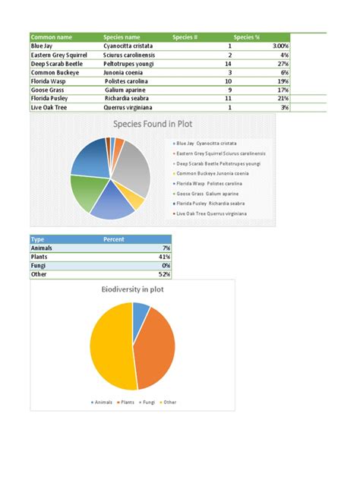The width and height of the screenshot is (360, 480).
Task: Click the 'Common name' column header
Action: [x=52, y=36]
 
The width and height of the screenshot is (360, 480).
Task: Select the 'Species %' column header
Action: [x=247, y=36]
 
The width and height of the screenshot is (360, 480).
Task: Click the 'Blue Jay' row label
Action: [x=42, y=46]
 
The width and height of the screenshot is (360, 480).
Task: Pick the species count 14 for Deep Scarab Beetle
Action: [x=229, y=64]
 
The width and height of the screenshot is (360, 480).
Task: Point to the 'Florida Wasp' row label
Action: [x=47, y=81]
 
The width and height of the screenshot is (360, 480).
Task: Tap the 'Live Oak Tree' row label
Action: [x=49, y=108]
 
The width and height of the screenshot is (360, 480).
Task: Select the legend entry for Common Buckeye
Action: [x=217, y=173]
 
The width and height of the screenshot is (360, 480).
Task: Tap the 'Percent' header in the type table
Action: [x=113, y=239]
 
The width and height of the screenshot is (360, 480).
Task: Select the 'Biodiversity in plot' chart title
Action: [x=133, y=289]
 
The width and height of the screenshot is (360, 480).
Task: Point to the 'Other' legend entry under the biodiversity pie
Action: [x=168, y=402]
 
